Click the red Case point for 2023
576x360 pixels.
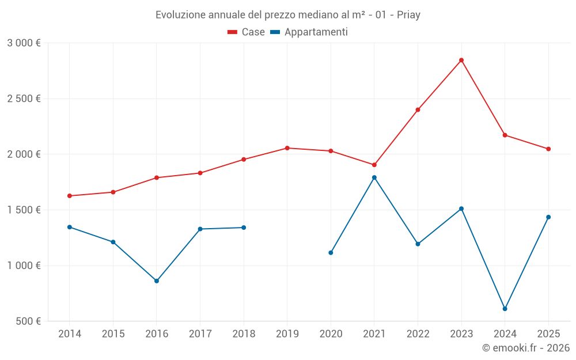point(461,60)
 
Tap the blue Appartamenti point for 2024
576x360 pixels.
point(505,309)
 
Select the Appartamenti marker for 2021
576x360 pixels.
point(374,177)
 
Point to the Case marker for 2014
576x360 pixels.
point(70,196)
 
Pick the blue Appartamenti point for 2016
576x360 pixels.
point(157,281)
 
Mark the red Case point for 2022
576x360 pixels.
point(418,109)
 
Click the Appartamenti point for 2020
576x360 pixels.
point(331,252)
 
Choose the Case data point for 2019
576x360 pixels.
point(287,148)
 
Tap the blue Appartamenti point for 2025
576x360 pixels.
point(548,217)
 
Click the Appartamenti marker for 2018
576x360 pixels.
point(244,228)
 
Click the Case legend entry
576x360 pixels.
point(247,32)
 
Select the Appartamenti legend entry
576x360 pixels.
point(309,32)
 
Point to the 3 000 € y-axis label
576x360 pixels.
point(24,43)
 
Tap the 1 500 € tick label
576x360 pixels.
point(24,210)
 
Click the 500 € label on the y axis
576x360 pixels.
point(28,321)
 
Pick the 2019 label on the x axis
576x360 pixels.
point(287,334)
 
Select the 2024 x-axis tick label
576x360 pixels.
point(505,334)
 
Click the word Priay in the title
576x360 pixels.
point(408,14)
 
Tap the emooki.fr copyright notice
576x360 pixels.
point(525,348)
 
